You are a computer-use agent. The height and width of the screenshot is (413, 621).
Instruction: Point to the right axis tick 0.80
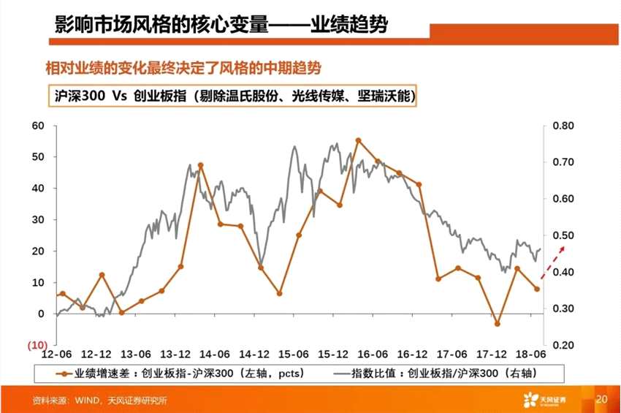pyautogui.click(x=565, y=126)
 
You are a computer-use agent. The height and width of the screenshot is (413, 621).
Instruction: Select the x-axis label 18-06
pyautogui.click(x=530, y=354)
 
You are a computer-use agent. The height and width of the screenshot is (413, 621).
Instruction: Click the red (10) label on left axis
pyautogui.click(x=37, y=344)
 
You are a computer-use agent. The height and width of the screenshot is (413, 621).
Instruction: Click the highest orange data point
pyautogui.click(x=358, y=140)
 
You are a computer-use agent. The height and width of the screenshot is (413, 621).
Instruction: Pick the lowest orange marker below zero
pyautogui.click(x=498, y=323)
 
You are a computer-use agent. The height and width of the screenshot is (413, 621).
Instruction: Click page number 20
pyautogui.click(x=602, y=399)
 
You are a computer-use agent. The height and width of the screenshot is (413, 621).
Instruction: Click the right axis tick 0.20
pyautogui.click(x=565, y=345)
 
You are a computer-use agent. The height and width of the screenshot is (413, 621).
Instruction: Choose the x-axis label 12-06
pyautogui.click(x=56, y=354)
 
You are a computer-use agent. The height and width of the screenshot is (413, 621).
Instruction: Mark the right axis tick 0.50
pyautogui.click(x=565, y=235)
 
